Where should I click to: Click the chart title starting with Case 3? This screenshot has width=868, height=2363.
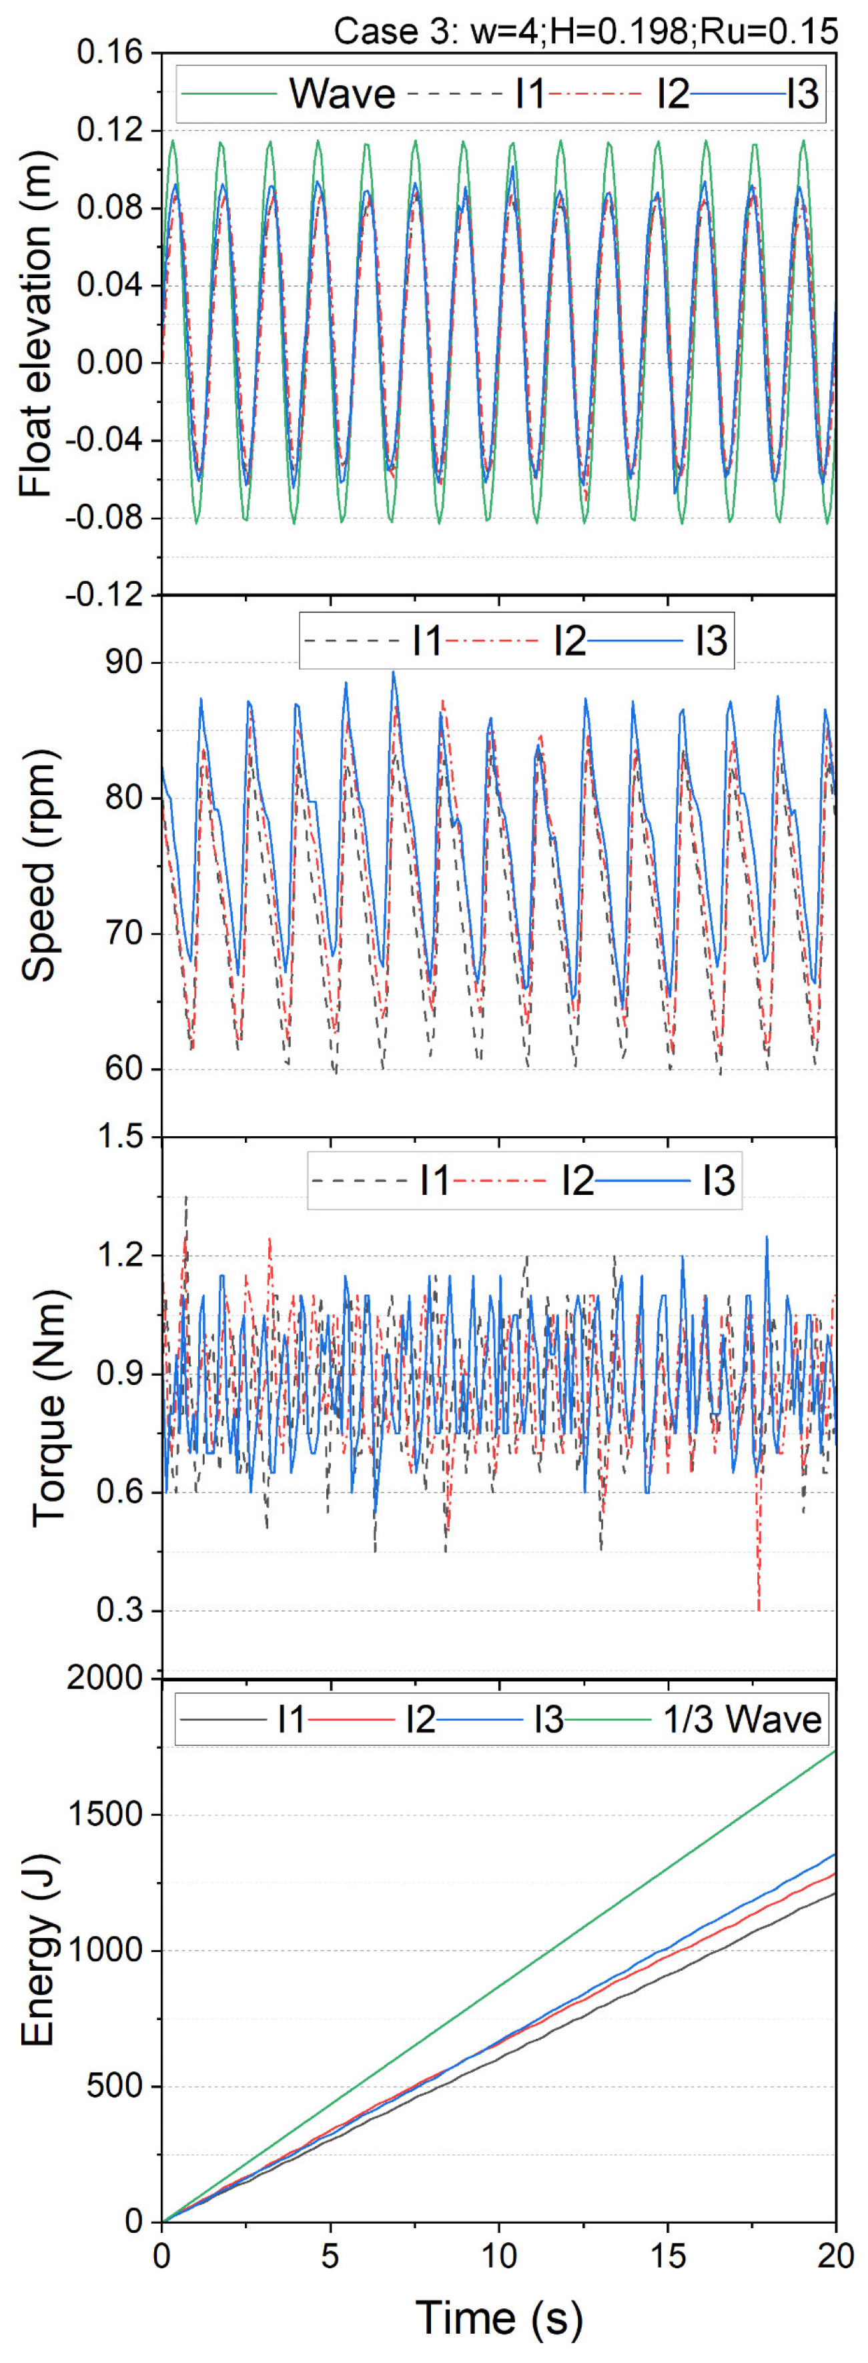click(585, 31)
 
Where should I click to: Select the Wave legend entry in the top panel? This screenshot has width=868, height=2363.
click(342, 93)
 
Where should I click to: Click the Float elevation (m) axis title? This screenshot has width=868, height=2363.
click(37, 323)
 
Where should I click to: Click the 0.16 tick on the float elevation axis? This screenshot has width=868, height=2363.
click(110, 53)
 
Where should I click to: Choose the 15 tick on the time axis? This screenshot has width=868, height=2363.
click(668, 2256)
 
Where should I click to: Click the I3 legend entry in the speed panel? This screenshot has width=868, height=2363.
click(710, 640)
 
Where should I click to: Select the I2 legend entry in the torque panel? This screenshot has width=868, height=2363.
click(577, 1181)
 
